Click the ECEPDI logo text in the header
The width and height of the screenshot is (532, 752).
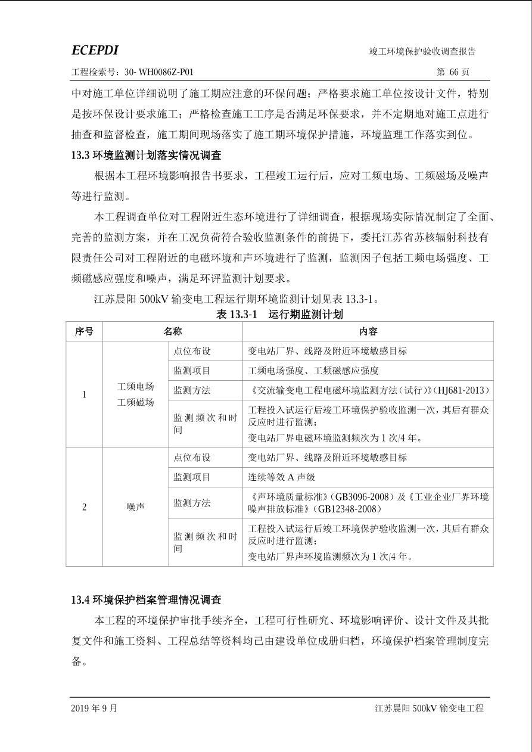tap(95, 50)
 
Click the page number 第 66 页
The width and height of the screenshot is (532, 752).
tap(453, 72)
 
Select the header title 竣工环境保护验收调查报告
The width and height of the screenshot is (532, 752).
tap(422, 51)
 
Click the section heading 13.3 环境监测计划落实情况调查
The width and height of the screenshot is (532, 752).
tap(146, 156)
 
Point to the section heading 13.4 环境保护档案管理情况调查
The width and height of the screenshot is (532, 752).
tap(146, 599)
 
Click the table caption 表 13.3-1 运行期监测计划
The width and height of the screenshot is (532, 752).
tap(279, 314)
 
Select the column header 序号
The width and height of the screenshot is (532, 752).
tap(84, 331)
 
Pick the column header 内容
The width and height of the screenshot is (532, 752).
tap(368, 331)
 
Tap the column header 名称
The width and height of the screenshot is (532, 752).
tap(173, 331)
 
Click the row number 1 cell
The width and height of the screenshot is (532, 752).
tap(84, 394)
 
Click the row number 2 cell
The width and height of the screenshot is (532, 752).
tap(84, 507)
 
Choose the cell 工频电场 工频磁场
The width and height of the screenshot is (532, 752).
tap(136, 394)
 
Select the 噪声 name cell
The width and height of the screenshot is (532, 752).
tap(136, 507)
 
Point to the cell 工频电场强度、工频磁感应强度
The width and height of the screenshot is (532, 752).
tap(313, 371)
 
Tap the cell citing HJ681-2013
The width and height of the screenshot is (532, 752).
tap(368, 390)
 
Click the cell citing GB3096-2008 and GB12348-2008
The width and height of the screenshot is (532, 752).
tap(368, 502)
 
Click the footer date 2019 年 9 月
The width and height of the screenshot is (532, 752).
tap(94, 709)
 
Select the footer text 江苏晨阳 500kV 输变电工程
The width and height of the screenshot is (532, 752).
tap(429, 709)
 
